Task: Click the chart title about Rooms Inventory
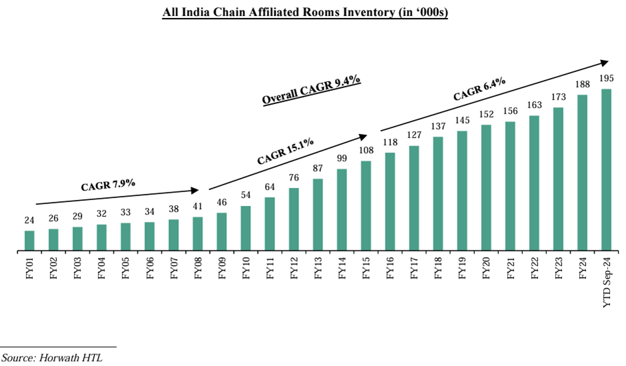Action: point(306,13)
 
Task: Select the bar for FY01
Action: point(29,241)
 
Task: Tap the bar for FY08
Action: point(197,233)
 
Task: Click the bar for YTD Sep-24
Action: point(606,170)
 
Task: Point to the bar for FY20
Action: point(486,187)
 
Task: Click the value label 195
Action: point(606,79)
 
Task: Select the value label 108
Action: point(366,151)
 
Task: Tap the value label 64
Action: point(270,187)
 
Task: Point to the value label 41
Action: point(197,207)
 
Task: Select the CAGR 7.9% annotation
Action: point(109,185)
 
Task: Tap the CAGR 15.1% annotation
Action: point(285,151)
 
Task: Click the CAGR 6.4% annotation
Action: point(479,89)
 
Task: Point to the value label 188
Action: point(582,85)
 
